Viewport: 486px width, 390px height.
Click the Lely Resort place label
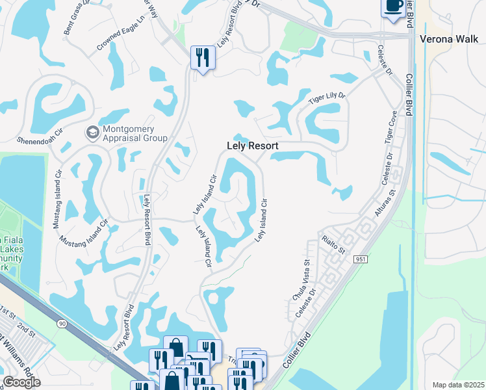point(252,146)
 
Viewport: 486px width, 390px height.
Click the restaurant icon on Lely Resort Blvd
point(203,58)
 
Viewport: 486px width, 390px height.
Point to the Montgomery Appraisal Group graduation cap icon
point(92,132)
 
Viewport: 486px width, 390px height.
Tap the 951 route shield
point(361,259)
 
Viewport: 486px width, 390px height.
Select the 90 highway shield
point(62,323)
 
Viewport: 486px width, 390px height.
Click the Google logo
point(21,382)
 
